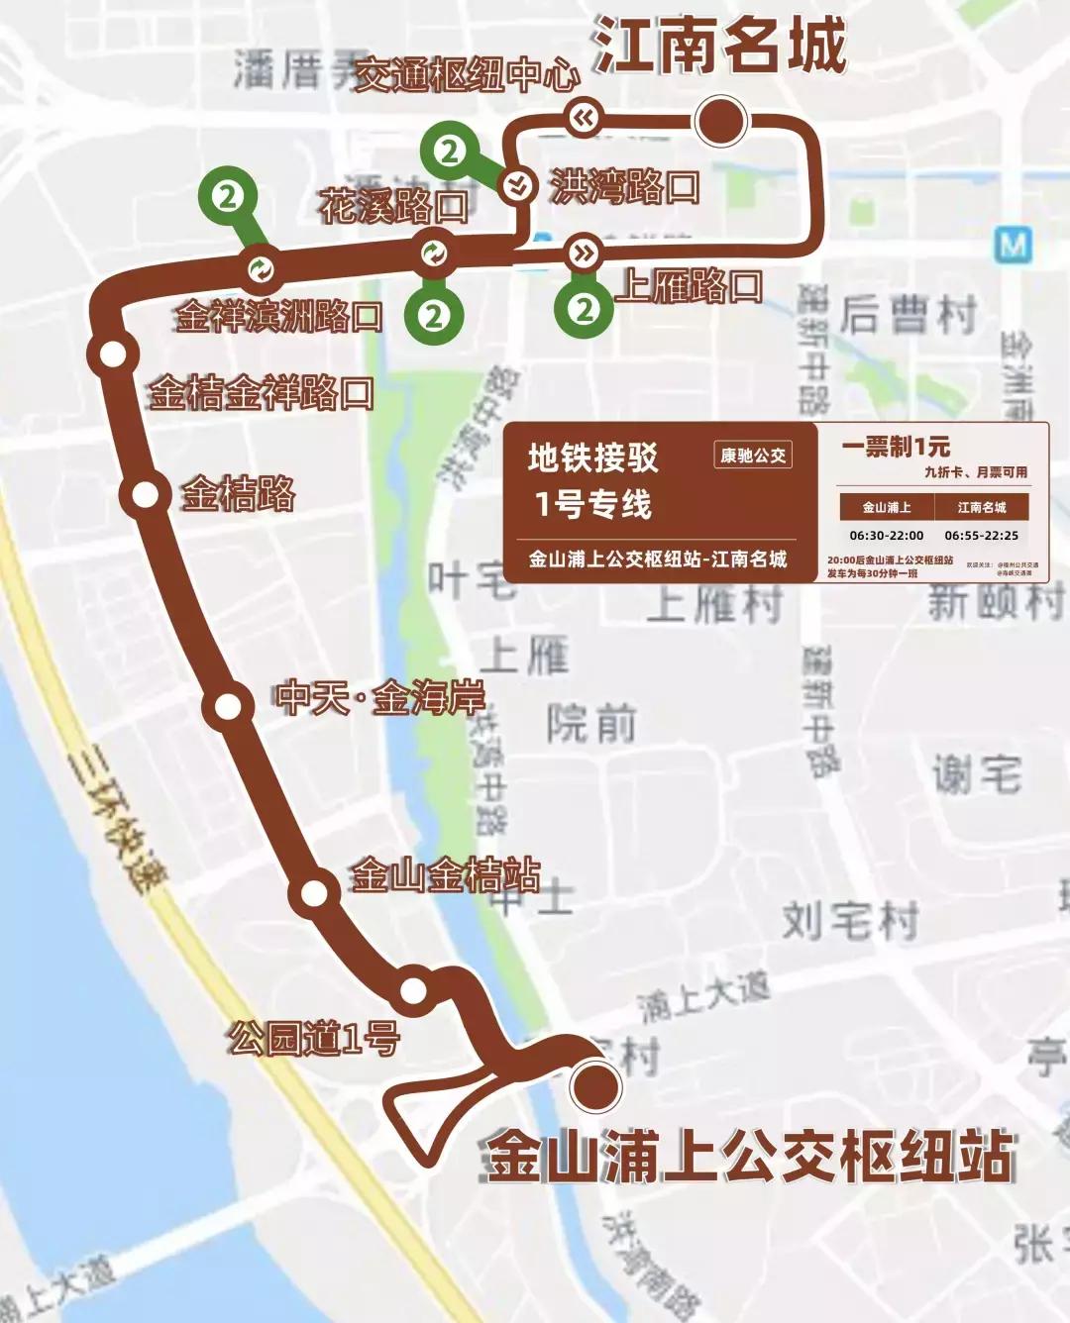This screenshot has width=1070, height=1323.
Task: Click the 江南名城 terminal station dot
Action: click(x=721, y=121)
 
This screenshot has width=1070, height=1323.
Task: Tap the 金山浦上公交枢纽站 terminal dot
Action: click(x=595, y=1084)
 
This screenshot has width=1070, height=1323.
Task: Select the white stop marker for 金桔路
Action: click(x=146, y=493)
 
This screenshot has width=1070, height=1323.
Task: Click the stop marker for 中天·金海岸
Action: click(x=228, y=706)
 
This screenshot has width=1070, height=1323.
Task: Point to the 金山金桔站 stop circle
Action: click(x=314, y=892)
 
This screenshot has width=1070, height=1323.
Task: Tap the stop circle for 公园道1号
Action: click(x=413, y=989)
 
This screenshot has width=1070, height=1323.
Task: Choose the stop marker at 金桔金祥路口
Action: click(x=112, y=354)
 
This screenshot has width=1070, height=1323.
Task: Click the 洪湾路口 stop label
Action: click(x=624, y=186)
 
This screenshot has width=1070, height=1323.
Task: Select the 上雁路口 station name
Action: click(x=689, y=286)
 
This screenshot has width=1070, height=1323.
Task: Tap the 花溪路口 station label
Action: click(x=393, y=206)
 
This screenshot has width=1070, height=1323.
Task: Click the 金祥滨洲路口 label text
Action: click(x=279, y=316)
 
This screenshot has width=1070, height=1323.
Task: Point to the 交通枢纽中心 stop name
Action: click(x=467, y=74)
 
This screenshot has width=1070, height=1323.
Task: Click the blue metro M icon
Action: click(x=1014, y=244)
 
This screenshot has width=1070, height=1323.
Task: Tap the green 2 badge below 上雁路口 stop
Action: click(x=584, y=309)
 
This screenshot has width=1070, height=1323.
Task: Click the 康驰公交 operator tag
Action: click(x=753, y=456)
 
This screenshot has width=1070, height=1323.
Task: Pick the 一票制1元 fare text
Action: click(x=896, y=447)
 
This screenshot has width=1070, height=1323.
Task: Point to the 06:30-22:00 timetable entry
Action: click(x=886, y=536)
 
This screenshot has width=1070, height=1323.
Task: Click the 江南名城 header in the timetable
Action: click(x=982, y=507)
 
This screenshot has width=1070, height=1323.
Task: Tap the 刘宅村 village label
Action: click(x=850, y=920)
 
